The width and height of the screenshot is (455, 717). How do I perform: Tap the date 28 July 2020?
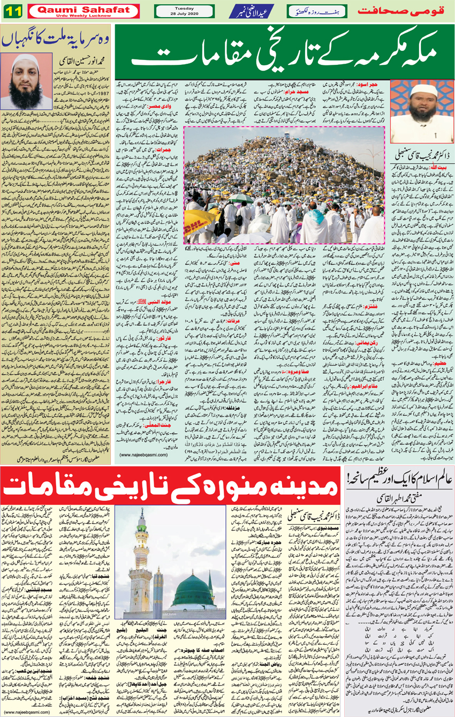(x=184, y=13)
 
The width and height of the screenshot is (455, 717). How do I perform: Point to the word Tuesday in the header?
(x=184, y=7)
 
